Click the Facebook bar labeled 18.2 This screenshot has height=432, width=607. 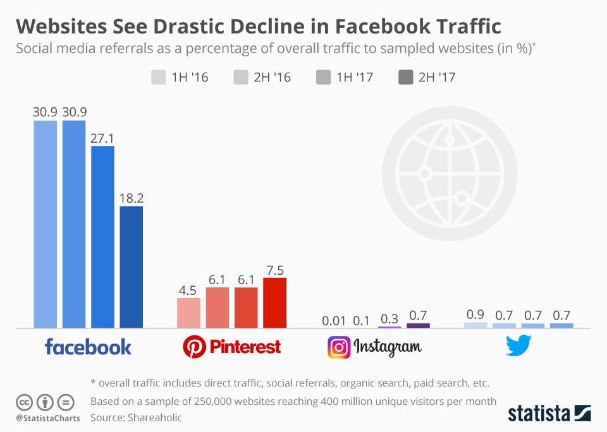131,267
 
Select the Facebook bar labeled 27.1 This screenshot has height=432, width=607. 102,237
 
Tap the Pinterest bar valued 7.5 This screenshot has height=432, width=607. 274,303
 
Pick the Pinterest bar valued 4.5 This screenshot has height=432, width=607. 188,313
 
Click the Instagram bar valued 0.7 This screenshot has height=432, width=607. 418,325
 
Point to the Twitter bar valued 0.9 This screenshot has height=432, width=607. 475,325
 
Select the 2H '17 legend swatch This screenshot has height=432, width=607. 405,77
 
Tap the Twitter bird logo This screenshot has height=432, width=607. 518,345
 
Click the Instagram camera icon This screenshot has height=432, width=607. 339,347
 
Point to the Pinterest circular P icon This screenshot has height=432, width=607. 193,347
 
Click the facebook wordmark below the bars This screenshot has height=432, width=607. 88,346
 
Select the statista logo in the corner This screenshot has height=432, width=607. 549,414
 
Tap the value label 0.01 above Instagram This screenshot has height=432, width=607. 334,320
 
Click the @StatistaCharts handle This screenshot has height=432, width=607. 48,418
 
